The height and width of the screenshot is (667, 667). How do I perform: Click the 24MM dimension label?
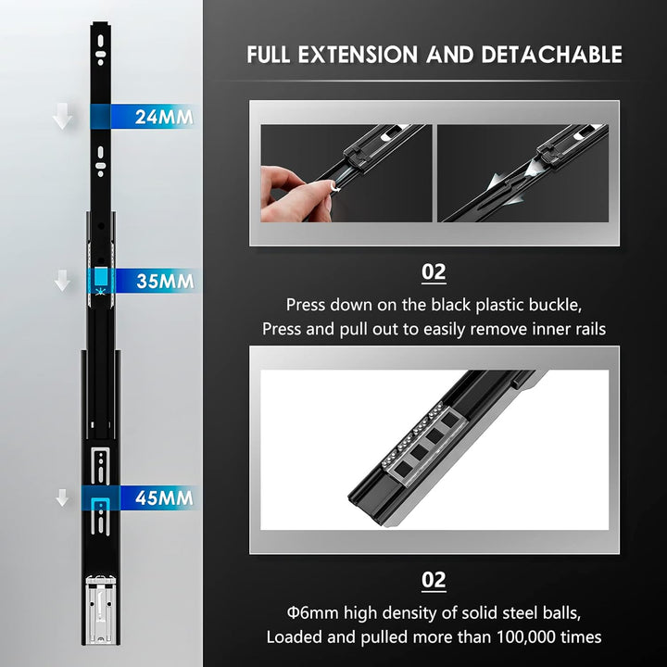pos(164,117)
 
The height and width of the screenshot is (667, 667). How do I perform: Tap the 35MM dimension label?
pos(165,282)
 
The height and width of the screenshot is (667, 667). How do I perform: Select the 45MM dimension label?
pos(164,497)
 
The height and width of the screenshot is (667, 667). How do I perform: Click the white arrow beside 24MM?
pos(63,116)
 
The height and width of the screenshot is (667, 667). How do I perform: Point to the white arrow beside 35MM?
pos(63,280)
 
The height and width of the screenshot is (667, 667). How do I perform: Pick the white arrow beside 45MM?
pos(63,497)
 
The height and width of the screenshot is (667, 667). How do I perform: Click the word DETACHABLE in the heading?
pos(552,55)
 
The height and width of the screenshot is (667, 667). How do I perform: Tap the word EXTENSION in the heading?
pos(358,55)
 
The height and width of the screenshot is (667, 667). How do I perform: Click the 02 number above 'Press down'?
pos(434,272)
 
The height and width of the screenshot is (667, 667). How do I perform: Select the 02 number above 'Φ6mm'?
pos(434,580)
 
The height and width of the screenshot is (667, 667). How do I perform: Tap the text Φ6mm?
pos(313,613)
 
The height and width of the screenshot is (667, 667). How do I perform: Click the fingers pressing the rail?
pos(296,195)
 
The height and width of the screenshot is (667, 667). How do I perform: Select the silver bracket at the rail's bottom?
pos(100,610)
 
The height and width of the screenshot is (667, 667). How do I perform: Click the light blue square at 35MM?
pos(101,276)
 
